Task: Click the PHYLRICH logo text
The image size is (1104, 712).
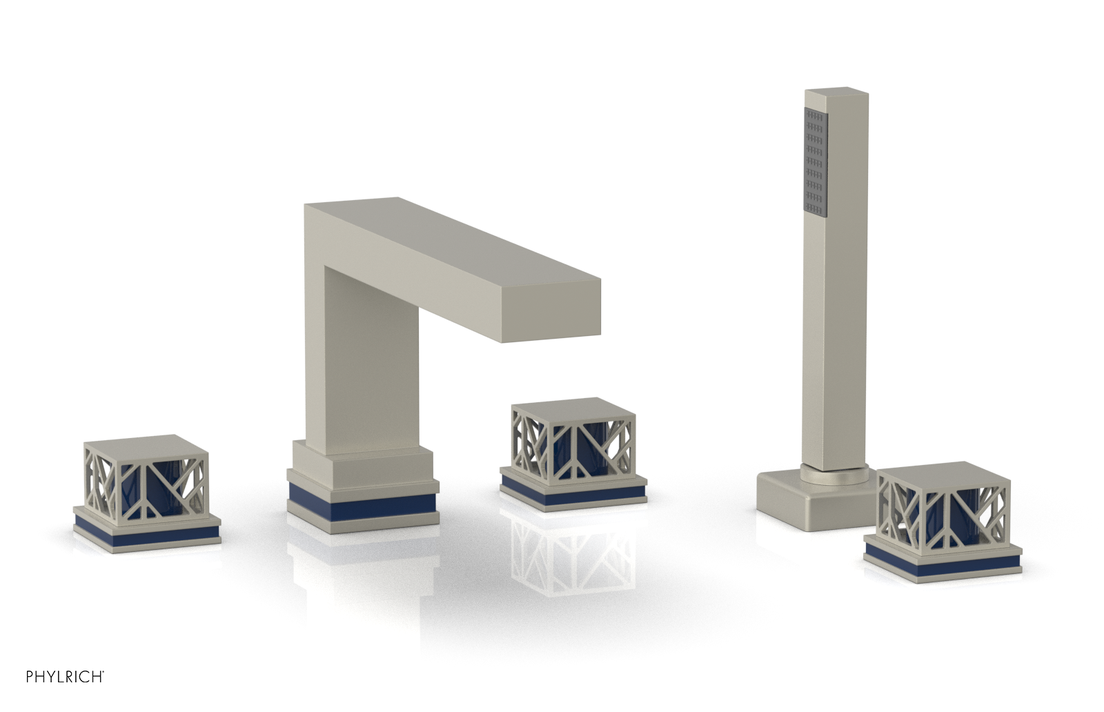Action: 65,677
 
